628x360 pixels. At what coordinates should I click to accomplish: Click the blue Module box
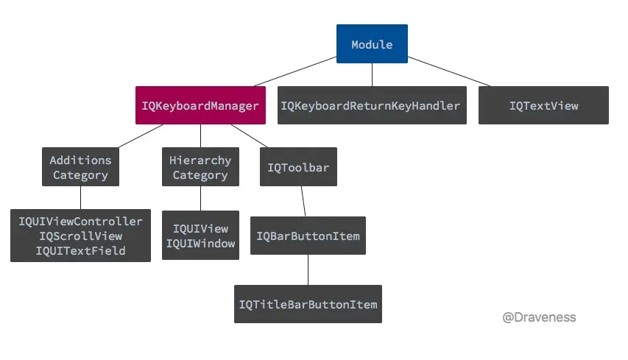click(372, 44)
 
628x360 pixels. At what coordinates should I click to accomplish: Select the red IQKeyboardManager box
click(200, 105)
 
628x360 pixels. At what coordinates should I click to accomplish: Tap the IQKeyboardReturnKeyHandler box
click(372, 105)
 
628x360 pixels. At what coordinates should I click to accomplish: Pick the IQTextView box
click(543, 105)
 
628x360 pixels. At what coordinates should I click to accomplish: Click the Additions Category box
click(80, 167)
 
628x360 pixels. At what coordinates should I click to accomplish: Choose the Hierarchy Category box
click(200, 167)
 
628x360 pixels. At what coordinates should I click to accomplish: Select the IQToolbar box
click(298, 167)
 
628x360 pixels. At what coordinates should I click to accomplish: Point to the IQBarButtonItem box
click(308, 236)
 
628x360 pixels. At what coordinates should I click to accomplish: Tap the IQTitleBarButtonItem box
click(308, 304)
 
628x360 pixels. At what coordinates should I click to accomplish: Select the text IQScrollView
click(80, 236)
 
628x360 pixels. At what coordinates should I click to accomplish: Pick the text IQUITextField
click(80, 251)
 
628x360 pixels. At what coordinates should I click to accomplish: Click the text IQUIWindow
click(200, 244)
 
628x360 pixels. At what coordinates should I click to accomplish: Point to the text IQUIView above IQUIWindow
click(200, 228)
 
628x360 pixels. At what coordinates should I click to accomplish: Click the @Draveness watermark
click(539, 317)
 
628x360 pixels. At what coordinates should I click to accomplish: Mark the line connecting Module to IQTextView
click(449, 71)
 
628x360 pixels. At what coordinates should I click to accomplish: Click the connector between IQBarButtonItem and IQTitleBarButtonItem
click(308, 269)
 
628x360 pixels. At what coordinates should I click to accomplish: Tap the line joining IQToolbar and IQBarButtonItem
click(303, 201)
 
